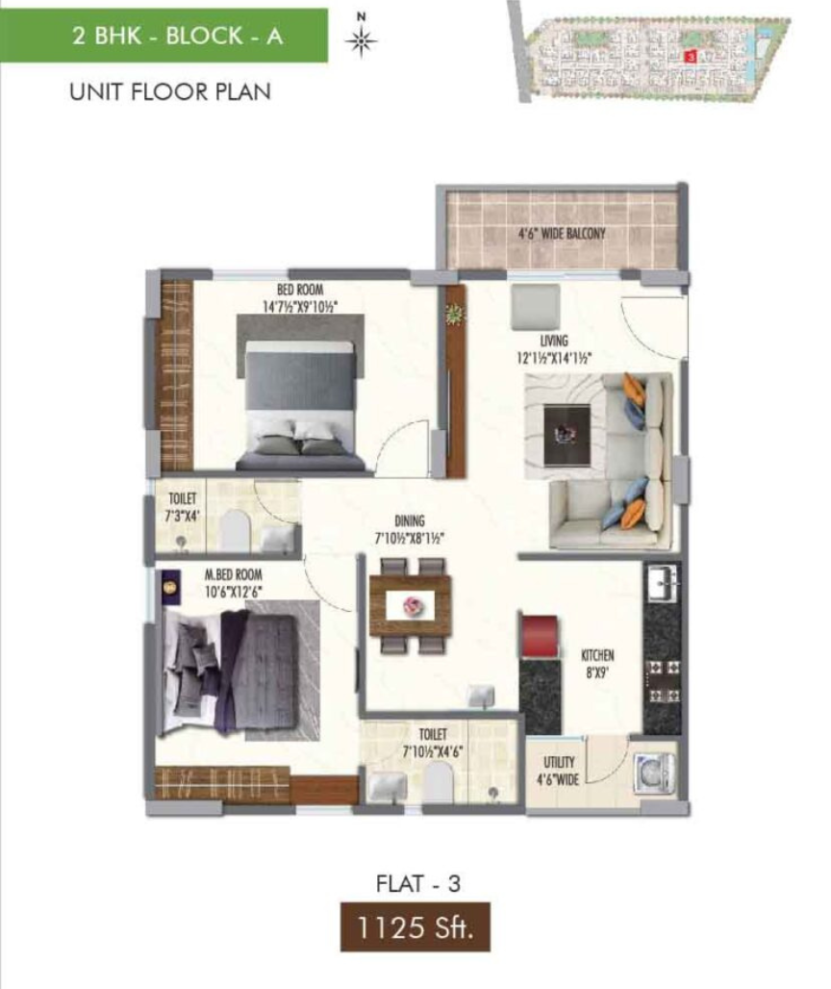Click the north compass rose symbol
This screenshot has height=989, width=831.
click(362, 40)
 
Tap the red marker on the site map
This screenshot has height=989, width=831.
click(690, 57)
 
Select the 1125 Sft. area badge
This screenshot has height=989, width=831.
click(415, 927)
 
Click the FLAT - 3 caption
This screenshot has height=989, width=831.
click(418, 884)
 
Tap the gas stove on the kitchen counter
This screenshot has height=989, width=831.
click(663, 681)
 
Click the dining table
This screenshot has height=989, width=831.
click(411, 606)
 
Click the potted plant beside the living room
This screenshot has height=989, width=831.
click(454, 314)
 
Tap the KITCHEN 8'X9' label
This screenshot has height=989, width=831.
click(596, 664)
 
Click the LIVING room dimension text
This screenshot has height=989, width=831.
click(554, 358)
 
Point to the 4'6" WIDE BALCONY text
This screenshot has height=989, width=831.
click(561, 234)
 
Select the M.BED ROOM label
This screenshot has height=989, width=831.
click(233, 575)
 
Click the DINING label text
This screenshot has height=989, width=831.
click(409, 521)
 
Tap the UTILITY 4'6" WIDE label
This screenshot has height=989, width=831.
click(558, 771)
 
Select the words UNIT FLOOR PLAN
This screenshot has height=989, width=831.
click(170, 92)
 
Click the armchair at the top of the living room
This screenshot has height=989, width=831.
click(536, 307)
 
